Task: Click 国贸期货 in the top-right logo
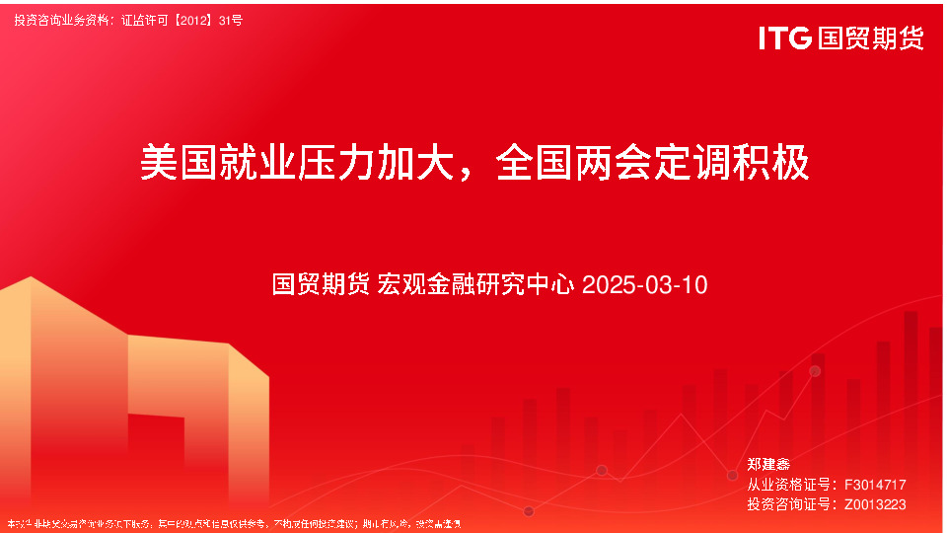tap(871, 38)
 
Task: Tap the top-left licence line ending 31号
tap(128, 20)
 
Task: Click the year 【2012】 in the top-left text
tap(196, 20)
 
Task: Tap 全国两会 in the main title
tap(574, 162)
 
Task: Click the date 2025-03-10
tap(645, 285)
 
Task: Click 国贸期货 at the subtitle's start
tap(321, 285)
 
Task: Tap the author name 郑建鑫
tap(768, 464)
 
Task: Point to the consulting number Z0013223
tap(875, 504)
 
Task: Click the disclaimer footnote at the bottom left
tap(234, 523)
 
